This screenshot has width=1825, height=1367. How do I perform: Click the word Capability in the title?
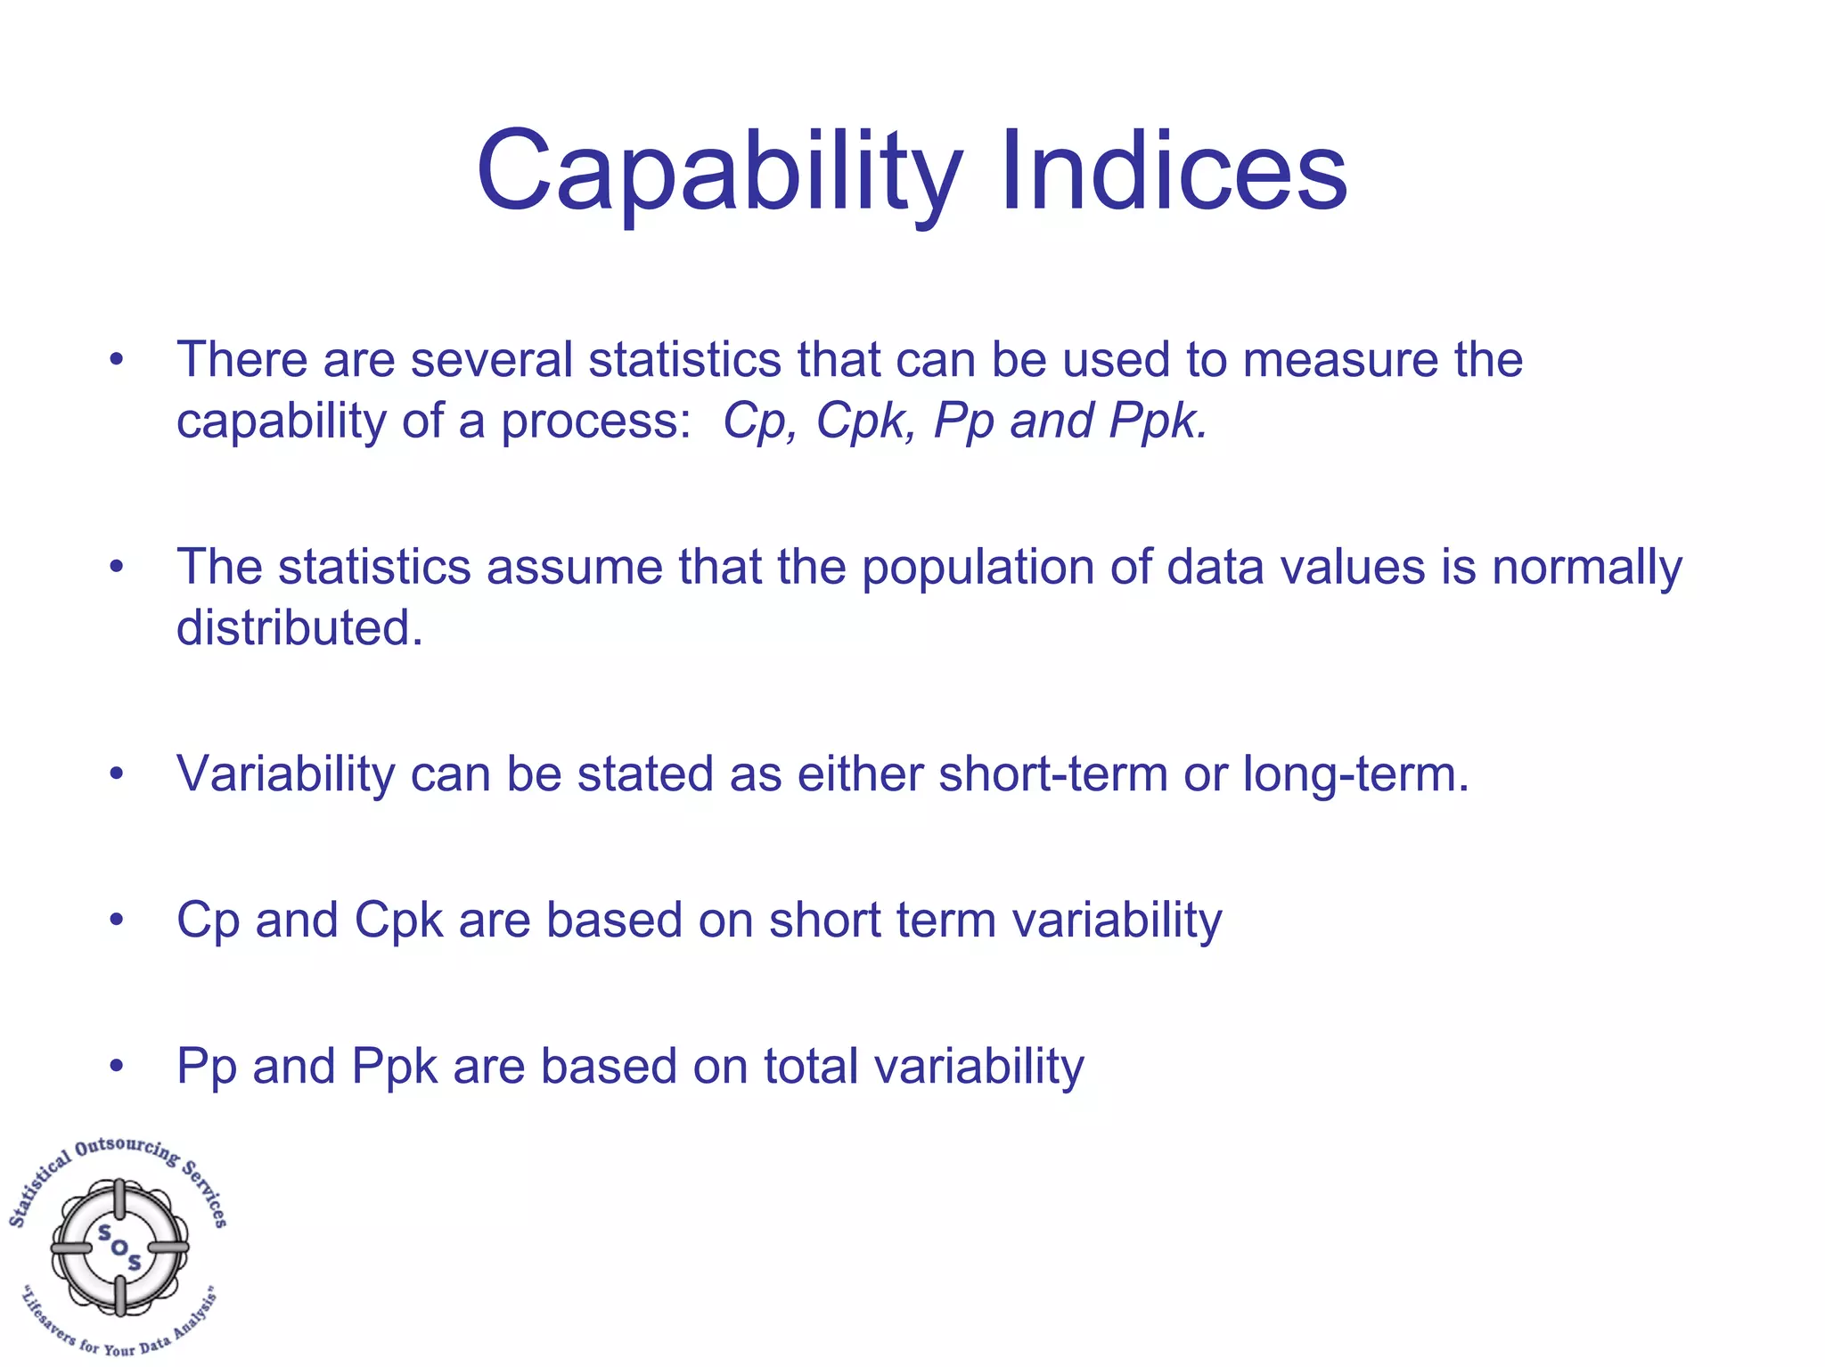(718, 171)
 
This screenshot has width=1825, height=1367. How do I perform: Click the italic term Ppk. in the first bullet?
(1158, 421)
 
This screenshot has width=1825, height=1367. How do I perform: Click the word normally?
(1587, 567)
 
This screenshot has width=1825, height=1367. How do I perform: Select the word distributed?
(299, 627)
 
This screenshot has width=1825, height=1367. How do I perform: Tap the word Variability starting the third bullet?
(285, 774)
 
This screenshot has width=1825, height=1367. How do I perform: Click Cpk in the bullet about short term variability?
(398, 920)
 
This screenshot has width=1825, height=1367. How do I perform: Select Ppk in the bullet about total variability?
(395, 1066)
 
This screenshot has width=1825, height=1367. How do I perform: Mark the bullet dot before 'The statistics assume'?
(116, 567)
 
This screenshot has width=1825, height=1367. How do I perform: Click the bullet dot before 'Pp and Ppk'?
(116, 1066)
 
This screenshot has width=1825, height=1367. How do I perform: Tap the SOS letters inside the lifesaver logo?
(119, 1247)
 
